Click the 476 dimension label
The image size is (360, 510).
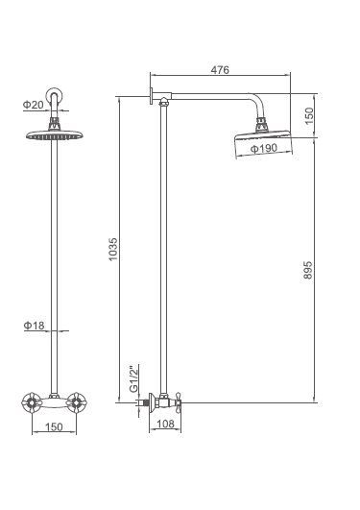click(x=220, y=69)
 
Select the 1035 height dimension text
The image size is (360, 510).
click(x=113, y=249)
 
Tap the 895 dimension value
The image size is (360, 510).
click(x=307, y=270)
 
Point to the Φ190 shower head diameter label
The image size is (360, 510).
click(x=264, y=148)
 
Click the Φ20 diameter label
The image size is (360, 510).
click(x=34, y=105)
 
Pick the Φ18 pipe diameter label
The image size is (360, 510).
click(x=34, y=326)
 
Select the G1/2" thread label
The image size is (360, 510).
click(x=133, y=378)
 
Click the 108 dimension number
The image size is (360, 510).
click(x=165, y=424)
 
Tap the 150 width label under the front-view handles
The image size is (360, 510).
click(x=54, y=426)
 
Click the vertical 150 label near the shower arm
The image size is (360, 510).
click(x=309, y=116)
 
